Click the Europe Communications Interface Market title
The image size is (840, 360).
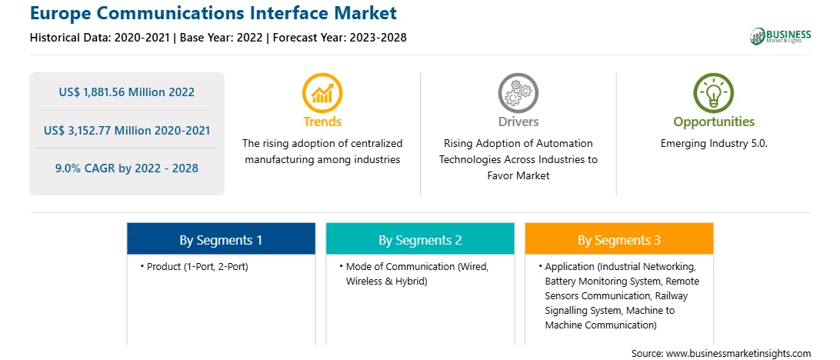point(213,13)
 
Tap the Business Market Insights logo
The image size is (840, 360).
point(781,36)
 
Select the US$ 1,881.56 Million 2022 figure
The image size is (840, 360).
point(126,92)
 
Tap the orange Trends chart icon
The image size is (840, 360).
point(322,92)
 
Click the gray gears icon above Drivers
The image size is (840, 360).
point(518,92)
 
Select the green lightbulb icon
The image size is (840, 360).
point(714,92)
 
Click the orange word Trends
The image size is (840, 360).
point(322,122)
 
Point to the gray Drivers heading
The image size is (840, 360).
point(518,122)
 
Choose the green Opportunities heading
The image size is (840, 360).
point(714,122)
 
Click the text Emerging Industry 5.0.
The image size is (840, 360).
point(714,144)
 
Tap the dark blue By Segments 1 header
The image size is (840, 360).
point(222,240)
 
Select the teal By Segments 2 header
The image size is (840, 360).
point(421,240)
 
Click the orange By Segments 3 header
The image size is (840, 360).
point(619,240)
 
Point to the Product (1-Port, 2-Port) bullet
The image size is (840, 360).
point(195,267)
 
